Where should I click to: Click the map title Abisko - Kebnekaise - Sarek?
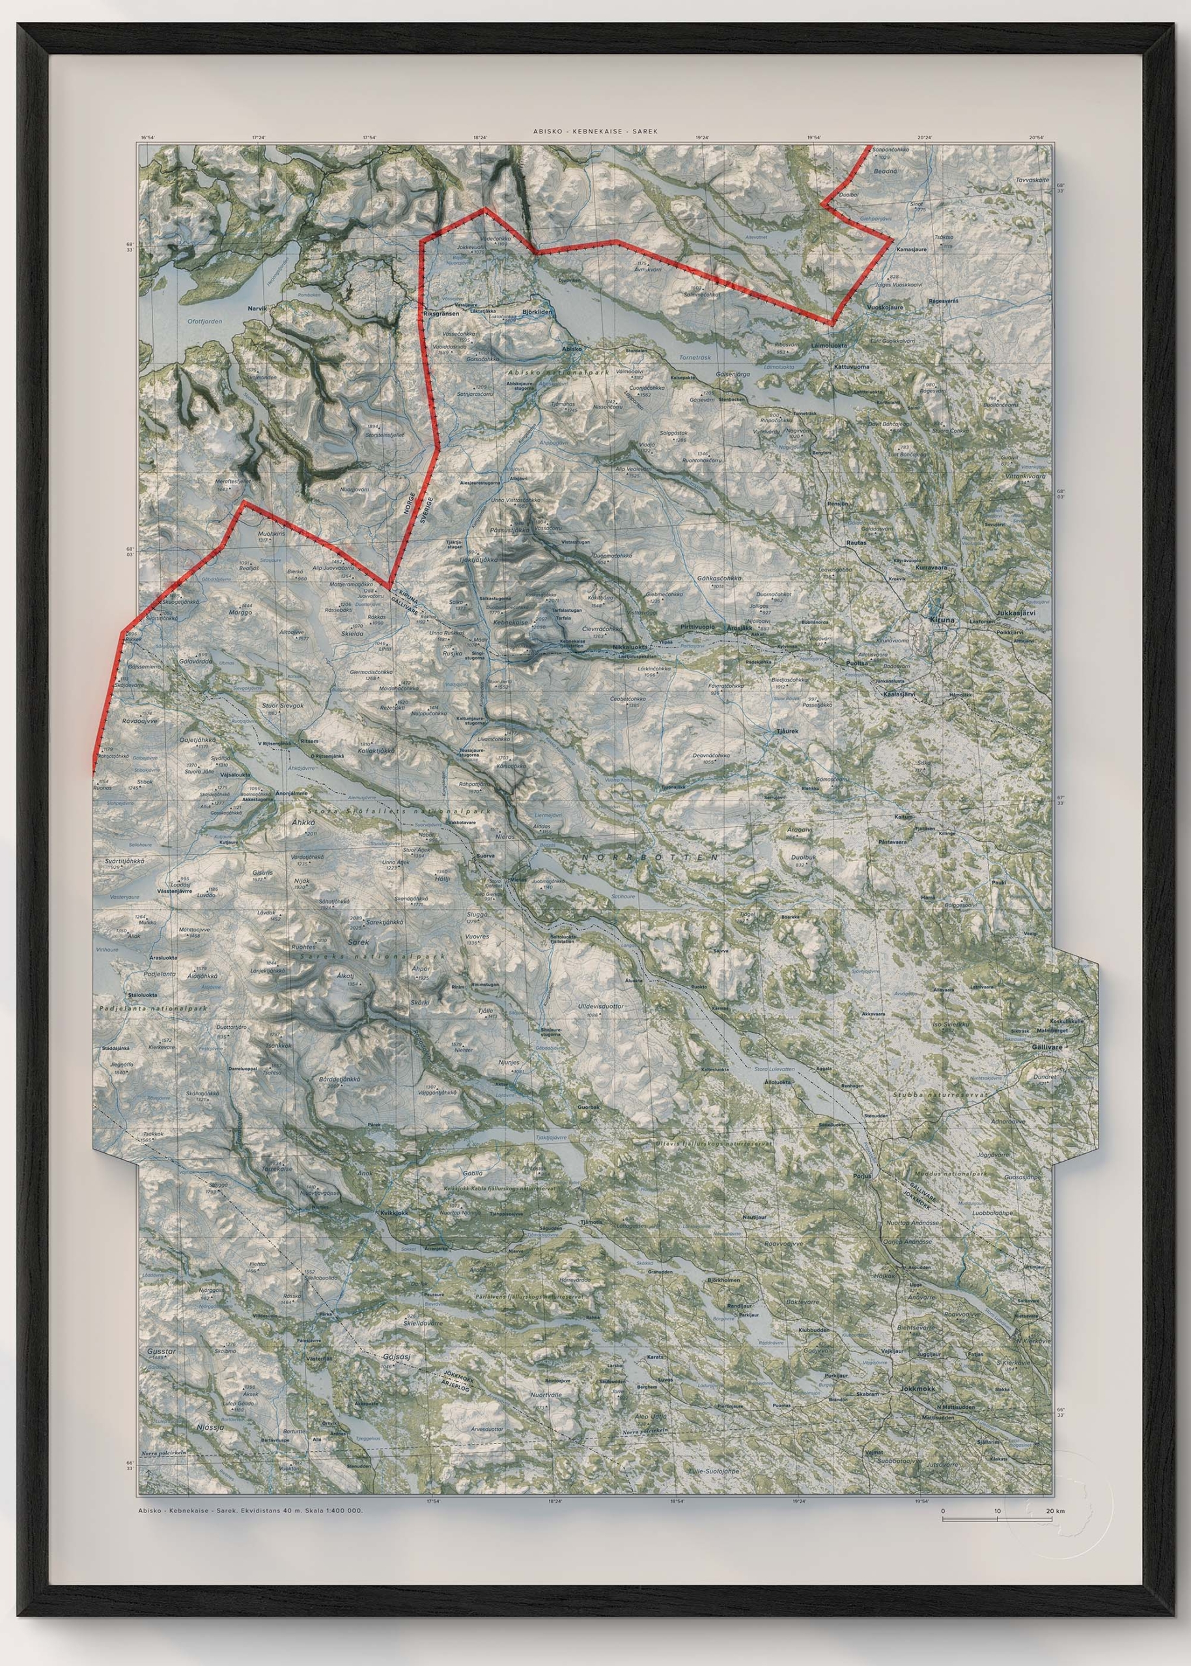tap(595, 131)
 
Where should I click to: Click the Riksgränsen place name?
tap(441, 313)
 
